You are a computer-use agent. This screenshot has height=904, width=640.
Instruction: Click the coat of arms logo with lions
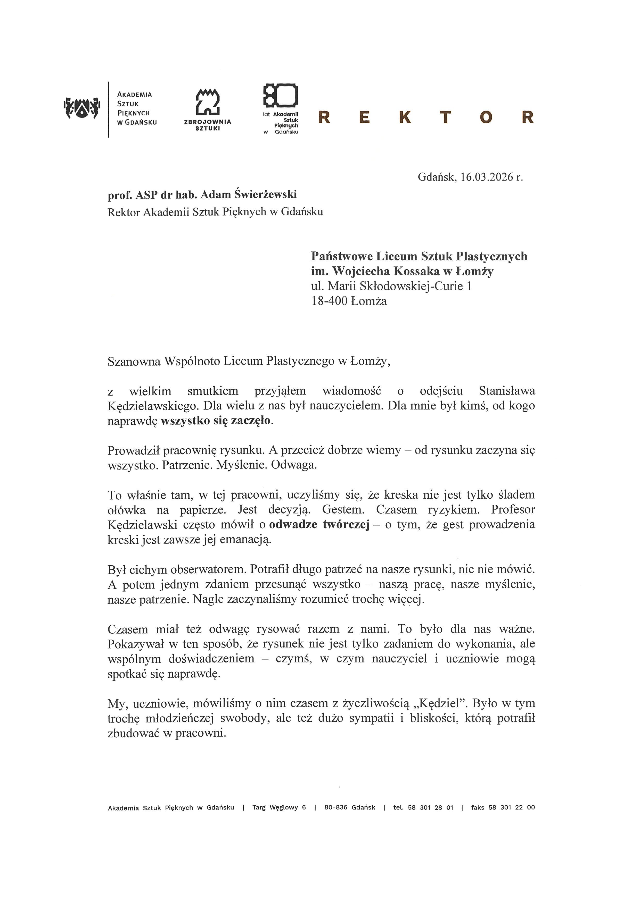(81, 107)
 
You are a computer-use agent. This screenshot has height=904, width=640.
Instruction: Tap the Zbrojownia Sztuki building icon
(208, 102)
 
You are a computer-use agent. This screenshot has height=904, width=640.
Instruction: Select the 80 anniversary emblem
(280, 95)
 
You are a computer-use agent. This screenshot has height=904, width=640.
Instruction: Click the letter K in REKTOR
(404, 117)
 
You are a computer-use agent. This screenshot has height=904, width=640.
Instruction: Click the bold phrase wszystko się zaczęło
(216, 421)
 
